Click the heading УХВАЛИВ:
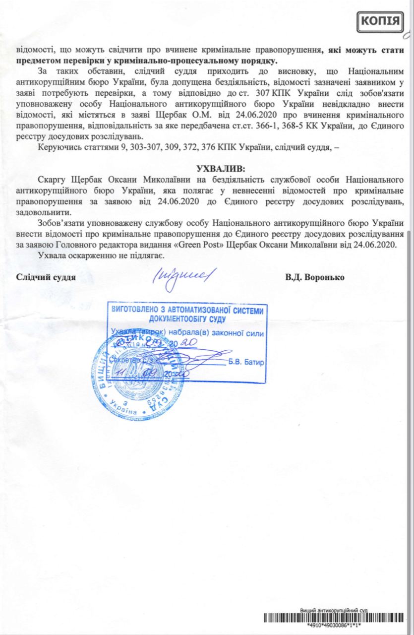(221, 168)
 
